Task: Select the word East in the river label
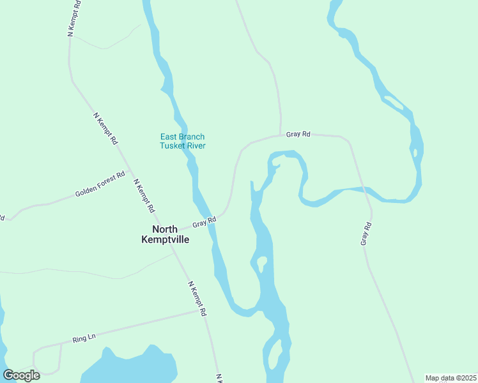[168, 137]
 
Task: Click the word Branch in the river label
[192, 137]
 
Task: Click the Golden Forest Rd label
[100, 184]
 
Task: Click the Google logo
[22, 375]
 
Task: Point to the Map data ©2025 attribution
[450, 378]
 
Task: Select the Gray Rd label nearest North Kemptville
[204, 222]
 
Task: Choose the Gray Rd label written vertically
[366, 234]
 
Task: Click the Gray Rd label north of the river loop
[298, 135]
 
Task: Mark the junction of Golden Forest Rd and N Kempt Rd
[130, 171]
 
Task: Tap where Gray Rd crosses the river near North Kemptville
[210, 218]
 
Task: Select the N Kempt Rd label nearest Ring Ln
[199, 299]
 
